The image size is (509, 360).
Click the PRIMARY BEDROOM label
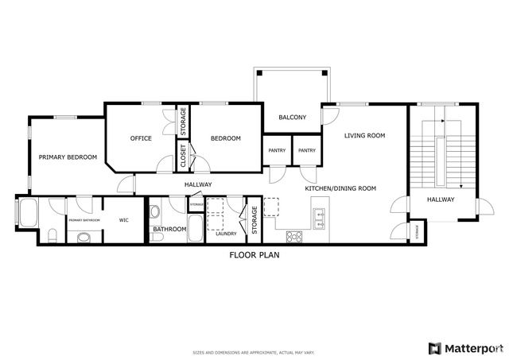pyautogui.click(x=68, y=157)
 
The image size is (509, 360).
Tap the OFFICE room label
pyautogui.click(x=141, y=138)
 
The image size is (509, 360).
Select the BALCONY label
pyautogui.click(x=292, y=118)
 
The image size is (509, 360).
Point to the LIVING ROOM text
pyautogui.click(x=364, y=136)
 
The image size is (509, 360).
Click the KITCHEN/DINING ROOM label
pyautogui.click(x=340, y=188)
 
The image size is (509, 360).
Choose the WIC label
pyautogui.click(x=124, y=220)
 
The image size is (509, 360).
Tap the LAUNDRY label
pyautogui.click(x=227, y=234)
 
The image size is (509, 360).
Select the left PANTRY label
pyautogui.click(x=277, y=150)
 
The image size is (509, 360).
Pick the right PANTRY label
pyautogui.click(x=307, y=150)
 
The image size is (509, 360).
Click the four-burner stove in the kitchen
pyautogui.click(x=293, y=235)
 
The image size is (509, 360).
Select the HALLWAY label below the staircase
pyautogui.click(x=440, y=199)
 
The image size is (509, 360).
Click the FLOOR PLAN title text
pyautogui.click(x=254, y=255)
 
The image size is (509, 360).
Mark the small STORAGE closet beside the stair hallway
pyautogui.click(x=417, y=231)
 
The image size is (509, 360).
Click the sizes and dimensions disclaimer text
pyautogui.click(x=254, y=352)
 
